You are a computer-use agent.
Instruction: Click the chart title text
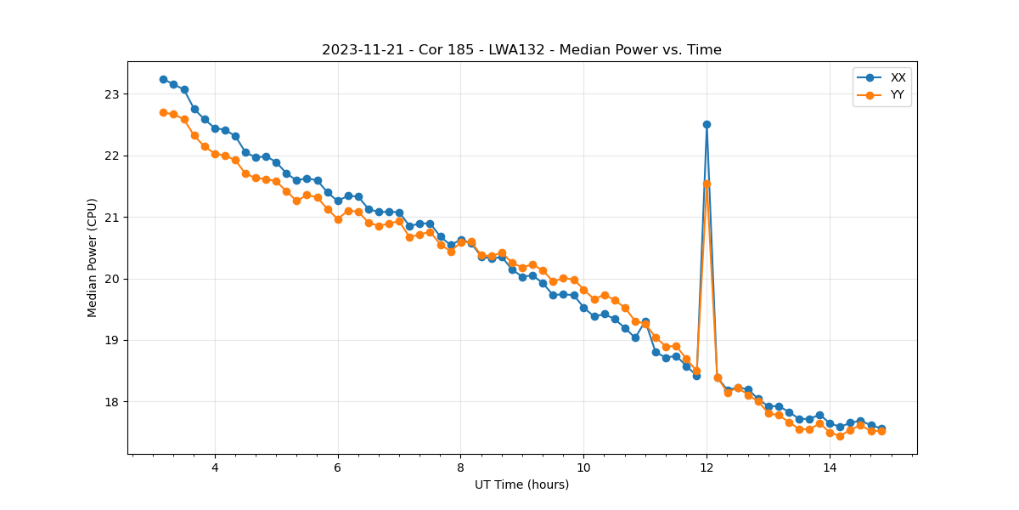point(521,50)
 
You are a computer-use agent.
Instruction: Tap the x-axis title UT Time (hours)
point(521,484)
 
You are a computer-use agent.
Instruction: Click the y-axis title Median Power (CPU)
point(93,258)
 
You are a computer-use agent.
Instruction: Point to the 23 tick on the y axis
point(112,94)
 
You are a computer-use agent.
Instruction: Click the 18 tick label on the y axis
point(112,402)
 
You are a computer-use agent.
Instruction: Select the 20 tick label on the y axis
point(112,279)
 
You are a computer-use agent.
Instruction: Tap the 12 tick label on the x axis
point(707,467)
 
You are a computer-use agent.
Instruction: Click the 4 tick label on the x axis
point(215,467)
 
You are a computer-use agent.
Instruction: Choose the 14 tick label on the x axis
point(830,467)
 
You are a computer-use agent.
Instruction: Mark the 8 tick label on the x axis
point(460,467)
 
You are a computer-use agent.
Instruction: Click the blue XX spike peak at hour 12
point(707,124)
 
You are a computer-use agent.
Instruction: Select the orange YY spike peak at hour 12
point(707,184)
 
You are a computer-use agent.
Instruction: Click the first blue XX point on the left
point(163,79)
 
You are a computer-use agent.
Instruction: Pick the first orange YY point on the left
point(163,112)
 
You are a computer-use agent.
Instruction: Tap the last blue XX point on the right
point(881,428)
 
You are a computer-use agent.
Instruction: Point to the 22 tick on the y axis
point(112,156)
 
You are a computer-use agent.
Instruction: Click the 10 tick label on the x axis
point(583,467)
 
